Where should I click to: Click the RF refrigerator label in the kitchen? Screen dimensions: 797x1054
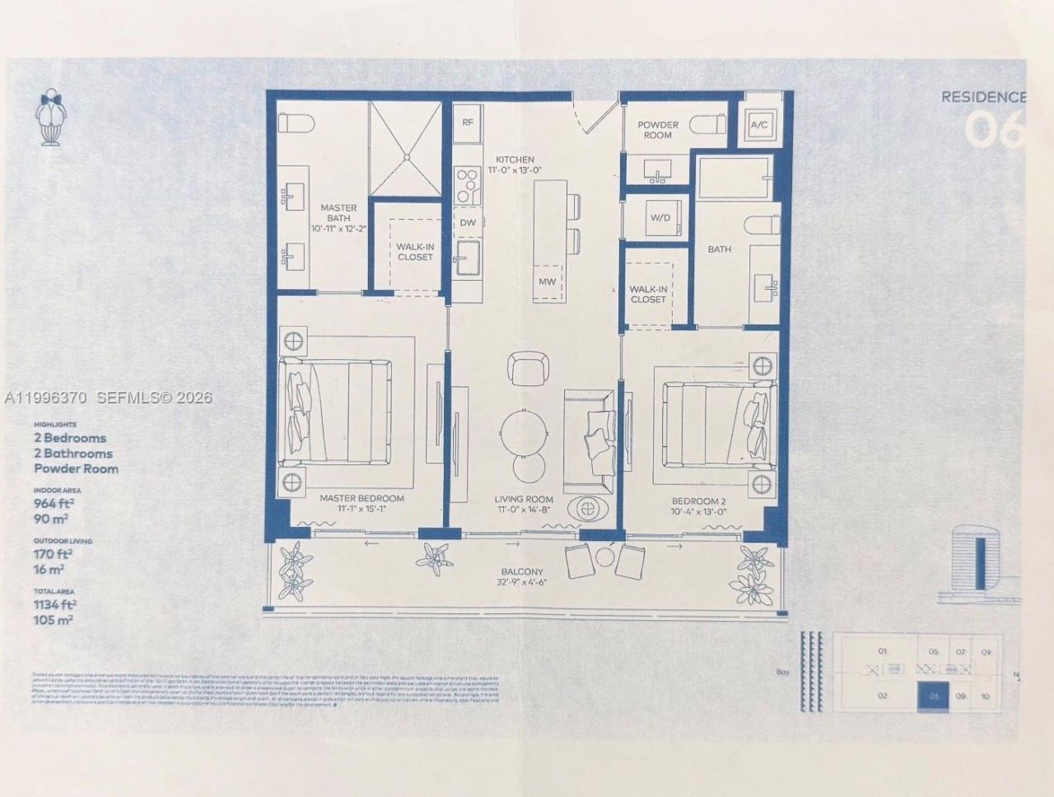[468, 123]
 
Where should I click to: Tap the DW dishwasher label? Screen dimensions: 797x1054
[468, 223]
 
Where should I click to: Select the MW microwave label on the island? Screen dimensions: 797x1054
[548, 282]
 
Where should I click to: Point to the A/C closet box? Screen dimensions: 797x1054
[759, 125]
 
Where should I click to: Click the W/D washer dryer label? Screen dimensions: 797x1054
[660, 218]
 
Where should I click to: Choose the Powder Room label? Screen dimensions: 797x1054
[658, 130]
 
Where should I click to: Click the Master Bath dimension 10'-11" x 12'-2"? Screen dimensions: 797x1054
[338, 228]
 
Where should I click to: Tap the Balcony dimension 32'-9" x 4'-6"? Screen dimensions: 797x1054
[522, 582]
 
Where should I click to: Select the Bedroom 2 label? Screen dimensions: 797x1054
[699, 500]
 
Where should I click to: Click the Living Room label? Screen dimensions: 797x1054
[524, 500]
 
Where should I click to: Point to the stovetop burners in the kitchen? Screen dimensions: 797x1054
[468, 185]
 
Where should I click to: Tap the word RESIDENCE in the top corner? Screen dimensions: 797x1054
[983, 97]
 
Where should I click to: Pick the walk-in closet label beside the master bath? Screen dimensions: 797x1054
[415, 252]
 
